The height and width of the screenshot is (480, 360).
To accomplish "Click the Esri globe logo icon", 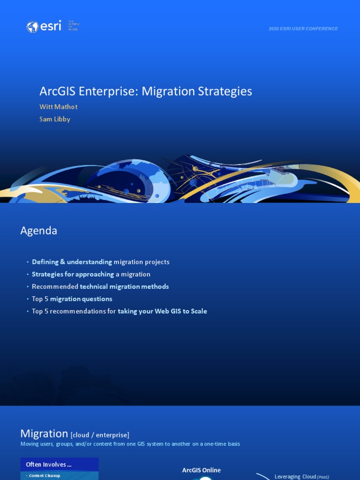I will pos(32,27).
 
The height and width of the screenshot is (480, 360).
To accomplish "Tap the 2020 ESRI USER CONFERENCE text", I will pos(303,29).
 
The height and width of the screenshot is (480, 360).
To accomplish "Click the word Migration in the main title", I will pos(162,91).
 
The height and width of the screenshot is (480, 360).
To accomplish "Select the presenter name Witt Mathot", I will pos(59,107).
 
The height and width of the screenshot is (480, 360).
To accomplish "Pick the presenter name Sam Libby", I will pos(55,119).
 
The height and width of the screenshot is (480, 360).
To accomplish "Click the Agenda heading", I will pos(39,231).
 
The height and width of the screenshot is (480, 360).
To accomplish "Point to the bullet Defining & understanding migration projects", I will pos(100,262).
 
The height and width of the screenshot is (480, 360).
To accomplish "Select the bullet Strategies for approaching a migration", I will pos(91,274).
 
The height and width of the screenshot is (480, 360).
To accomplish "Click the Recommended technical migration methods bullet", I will pos(100,286).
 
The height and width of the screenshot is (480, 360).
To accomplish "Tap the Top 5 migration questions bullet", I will pos(72,299).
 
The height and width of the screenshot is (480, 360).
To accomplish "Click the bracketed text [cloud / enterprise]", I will pos(100,435).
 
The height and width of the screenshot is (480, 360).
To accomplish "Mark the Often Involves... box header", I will pos(49,465).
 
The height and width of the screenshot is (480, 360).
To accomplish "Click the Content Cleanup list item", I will pos(45,476).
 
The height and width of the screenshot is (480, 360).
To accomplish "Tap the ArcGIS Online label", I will pos(202,470).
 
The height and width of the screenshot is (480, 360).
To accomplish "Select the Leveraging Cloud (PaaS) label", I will pos(302,477).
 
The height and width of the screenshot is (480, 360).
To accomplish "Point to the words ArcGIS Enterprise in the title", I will pos(87,91).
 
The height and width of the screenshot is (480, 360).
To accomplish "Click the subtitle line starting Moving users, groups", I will pos(130,444).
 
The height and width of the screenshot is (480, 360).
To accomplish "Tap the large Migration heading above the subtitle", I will pos(44,434).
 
